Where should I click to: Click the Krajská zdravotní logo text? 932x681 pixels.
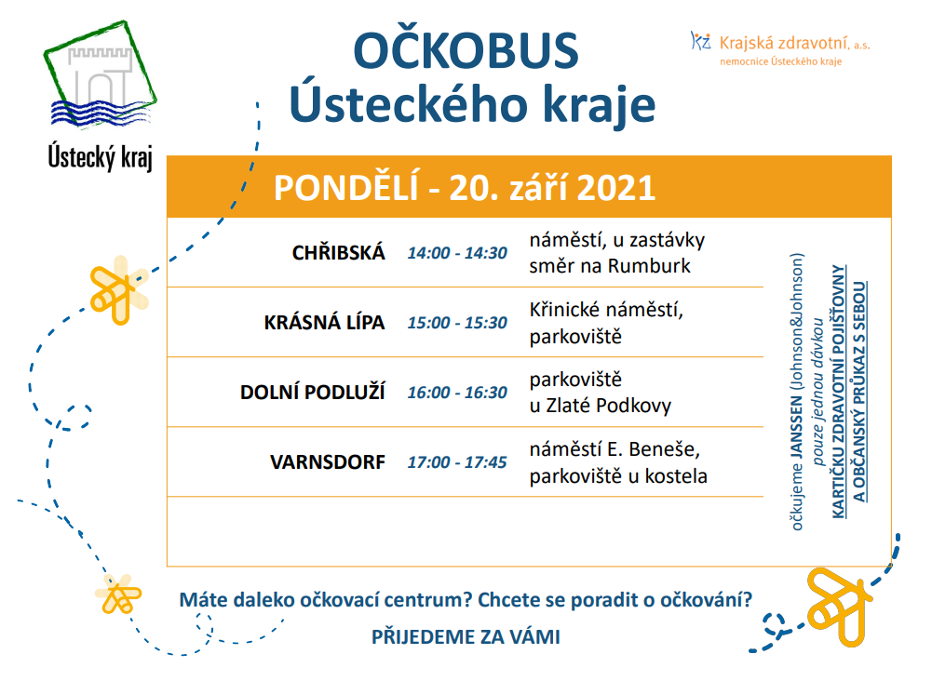(x=793, y=42)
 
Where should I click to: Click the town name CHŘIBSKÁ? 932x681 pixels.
(x=338, y=253)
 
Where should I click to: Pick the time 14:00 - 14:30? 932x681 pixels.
(x=456, y=253)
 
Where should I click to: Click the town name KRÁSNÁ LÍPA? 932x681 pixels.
(x=324, y=323)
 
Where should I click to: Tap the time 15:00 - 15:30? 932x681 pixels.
(x=456, y=323)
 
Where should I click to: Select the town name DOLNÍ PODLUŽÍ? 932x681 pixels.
(x=312, y=393)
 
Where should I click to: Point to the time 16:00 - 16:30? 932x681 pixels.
(x=456, y=393)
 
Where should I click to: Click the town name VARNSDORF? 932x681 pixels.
(x=328, y=461)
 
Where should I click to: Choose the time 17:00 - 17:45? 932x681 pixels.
(x=456, y=461)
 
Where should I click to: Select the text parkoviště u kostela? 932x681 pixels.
(x=618, y=476)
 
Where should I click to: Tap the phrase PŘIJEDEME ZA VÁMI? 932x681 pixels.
(x=466, y=637)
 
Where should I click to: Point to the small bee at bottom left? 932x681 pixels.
(x=118, y=594)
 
